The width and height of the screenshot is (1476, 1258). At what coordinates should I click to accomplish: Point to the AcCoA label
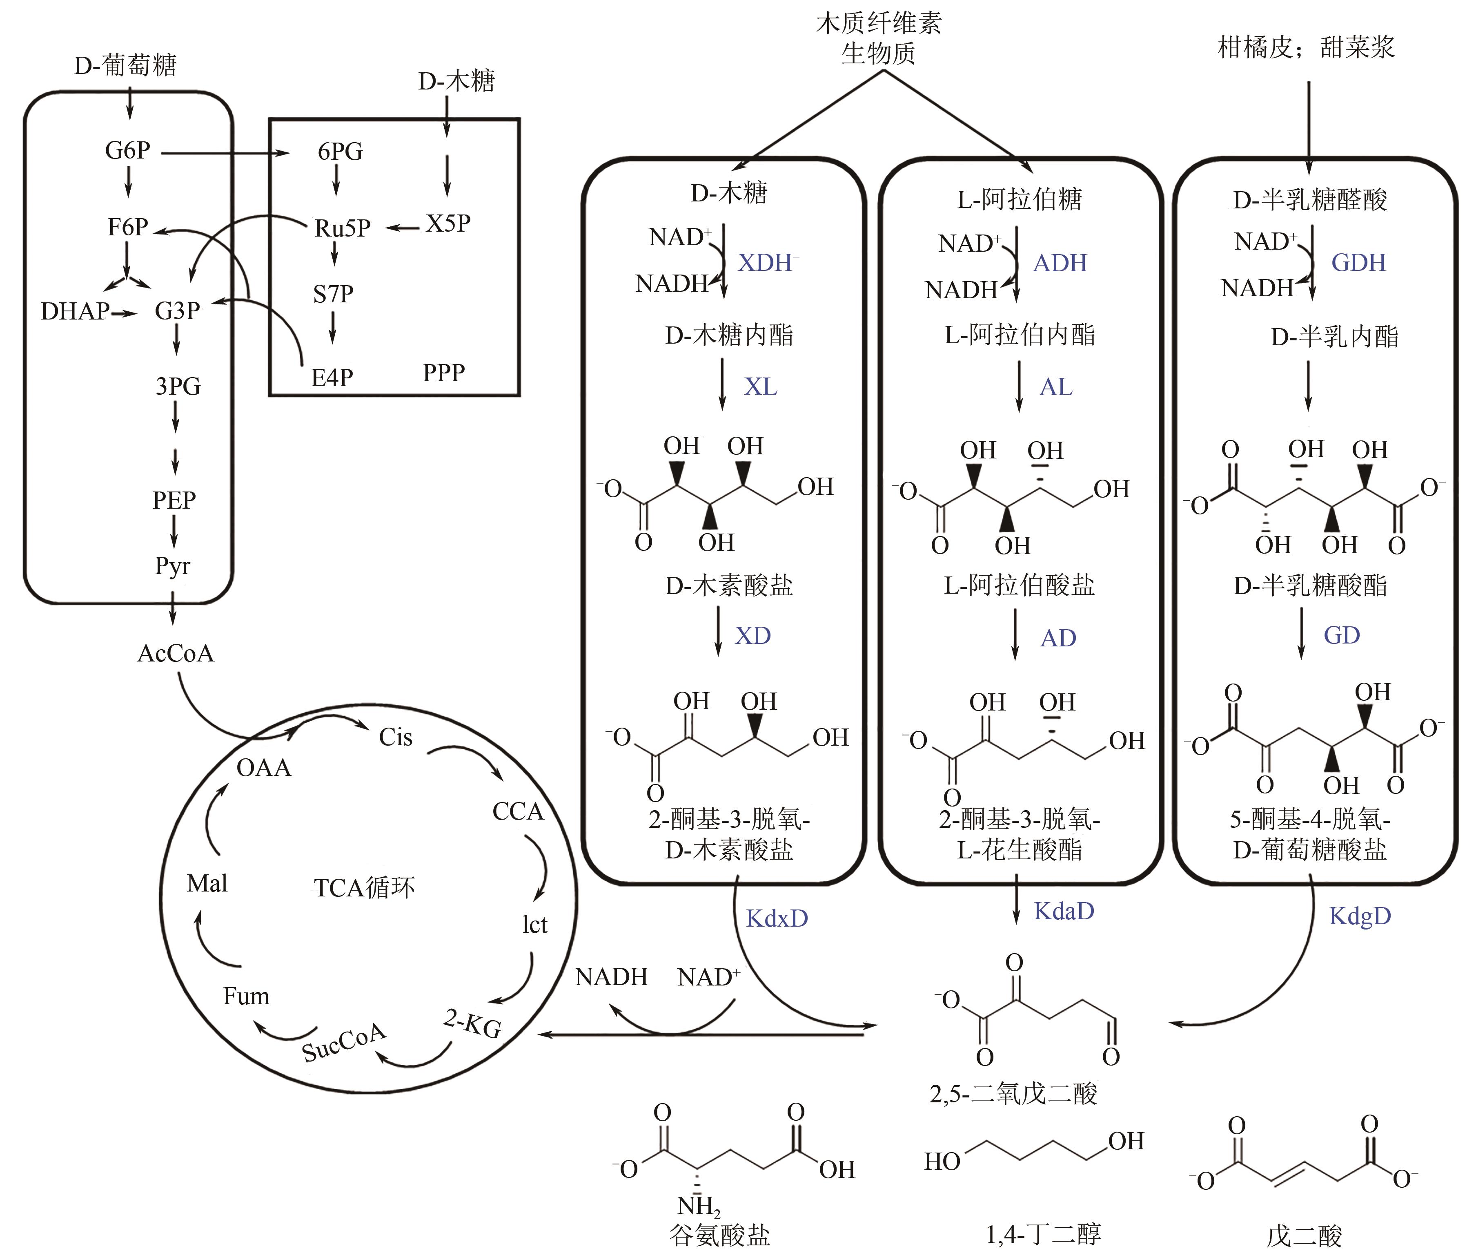175,653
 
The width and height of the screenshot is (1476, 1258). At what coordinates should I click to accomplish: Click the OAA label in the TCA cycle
264,768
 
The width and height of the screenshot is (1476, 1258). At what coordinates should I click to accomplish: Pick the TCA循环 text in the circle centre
364,887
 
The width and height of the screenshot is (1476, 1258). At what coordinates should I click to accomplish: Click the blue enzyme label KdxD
777,918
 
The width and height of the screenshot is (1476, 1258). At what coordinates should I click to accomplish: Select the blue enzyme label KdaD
1064,911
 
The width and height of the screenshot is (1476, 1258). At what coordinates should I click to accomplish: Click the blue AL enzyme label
1056,387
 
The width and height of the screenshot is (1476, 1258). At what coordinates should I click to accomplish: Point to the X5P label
448,223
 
